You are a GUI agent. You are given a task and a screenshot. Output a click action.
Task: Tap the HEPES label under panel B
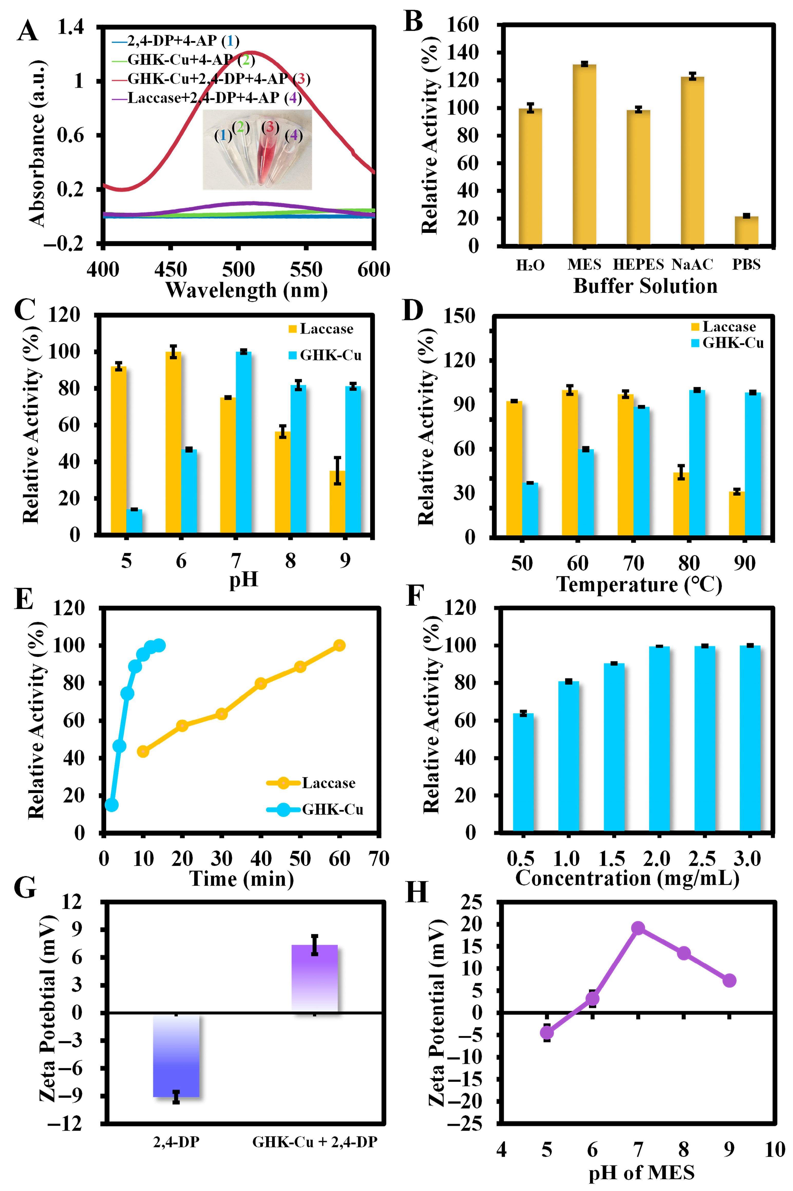[x=638, y=264]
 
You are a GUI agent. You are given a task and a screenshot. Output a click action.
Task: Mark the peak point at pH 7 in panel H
[x=638, y=928]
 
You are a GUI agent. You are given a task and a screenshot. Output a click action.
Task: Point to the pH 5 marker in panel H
[x=547, y=1033]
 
